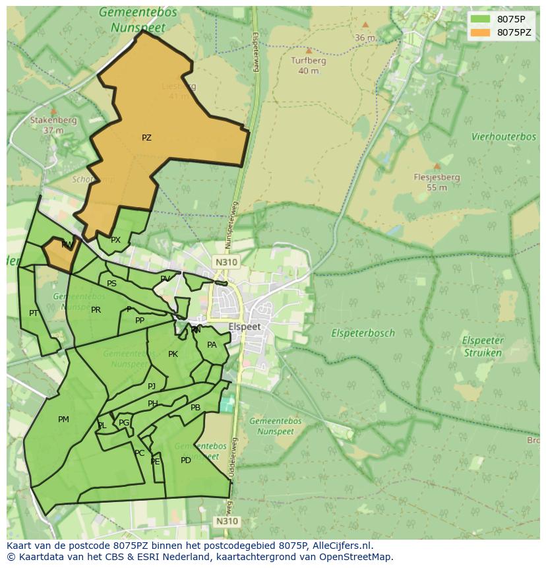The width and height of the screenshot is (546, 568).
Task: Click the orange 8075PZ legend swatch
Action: (x=481, y=32)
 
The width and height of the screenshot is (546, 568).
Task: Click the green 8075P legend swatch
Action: (x=481, y=19)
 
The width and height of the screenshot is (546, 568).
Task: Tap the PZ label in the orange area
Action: (x=146, y=138)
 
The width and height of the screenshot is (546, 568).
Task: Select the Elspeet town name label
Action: (x=245, y=327)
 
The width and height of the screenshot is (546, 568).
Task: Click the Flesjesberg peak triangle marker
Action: (x=437, y=166)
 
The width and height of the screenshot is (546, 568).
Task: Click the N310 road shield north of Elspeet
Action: (x=226, y=262)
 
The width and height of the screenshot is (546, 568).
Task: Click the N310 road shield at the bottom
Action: (x=226, y=521)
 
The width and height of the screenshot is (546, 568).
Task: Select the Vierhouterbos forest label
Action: (x=504, y=137)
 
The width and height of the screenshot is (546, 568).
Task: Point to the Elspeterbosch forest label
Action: (x=363, y=333)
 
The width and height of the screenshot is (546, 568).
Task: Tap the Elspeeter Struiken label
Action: (x=482, y=346)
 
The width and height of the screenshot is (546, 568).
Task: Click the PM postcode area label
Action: (x=63, y=419)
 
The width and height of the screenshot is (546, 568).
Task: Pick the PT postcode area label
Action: (x=34, y=313)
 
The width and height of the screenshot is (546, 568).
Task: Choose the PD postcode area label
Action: (x=186, y=460)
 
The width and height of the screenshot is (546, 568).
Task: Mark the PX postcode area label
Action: (x=115, y=240)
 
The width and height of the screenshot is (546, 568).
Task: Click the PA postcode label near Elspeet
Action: (x=212, y=344)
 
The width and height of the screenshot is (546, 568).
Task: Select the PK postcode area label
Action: (x=173, y=354)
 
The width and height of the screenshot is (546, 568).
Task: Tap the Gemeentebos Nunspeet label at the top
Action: (x=138, y=20)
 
